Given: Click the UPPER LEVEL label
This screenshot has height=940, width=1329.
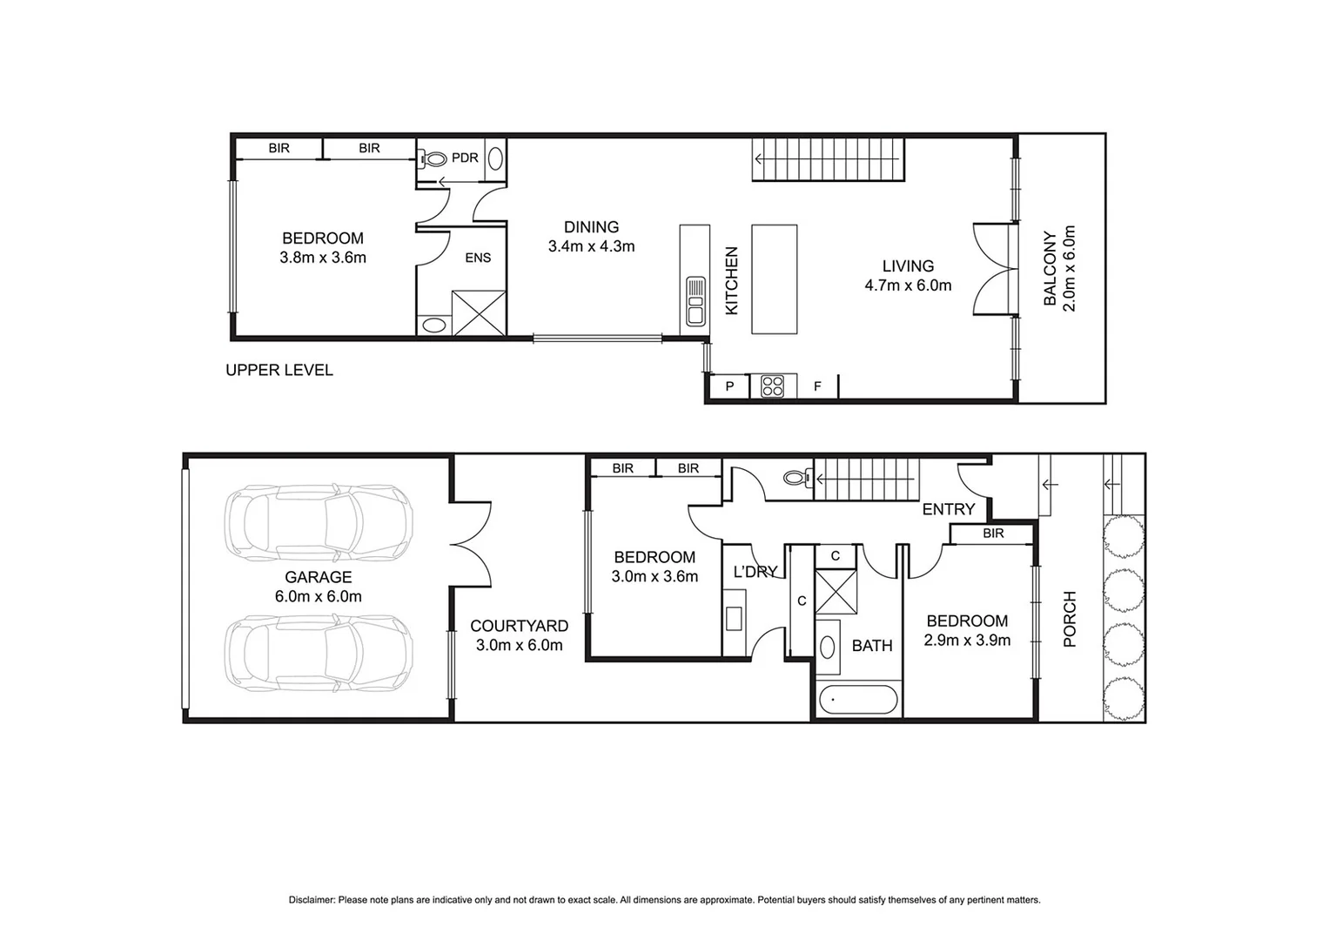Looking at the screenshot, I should pos(279,370).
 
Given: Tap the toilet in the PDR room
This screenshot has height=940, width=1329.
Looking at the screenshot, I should pos(433,158).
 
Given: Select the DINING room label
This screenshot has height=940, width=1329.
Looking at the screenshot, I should pos(591,227).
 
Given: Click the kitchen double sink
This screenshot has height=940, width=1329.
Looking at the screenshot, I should pos(695,300).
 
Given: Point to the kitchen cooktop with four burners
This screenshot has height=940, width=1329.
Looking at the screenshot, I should pos(772,386).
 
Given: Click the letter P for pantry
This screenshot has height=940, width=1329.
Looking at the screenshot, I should pos(729,386).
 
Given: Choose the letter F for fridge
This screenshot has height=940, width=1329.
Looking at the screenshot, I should pos(817,386).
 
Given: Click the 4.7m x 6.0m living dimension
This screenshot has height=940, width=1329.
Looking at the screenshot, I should pos(908,285).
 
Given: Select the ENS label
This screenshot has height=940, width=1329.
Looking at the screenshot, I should pos(478,258).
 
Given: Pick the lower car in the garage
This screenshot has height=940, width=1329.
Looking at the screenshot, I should pos(319,655).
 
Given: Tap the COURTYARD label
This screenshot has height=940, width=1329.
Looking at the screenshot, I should pos(519,626).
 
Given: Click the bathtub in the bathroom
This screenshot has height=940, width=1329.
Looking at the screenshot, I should pos(858,701).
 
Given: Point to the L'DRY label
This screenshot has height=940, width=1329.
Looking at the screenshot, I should pos(755,572).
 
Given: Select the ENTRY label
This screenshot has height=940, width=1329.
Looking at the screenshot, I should pos(948,509).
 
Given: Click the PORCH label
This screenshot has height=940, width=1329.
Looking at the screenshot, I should pos(1070,619).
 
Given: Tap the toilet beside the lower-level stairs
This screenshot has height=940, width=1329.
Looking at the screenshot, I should pos(796,477).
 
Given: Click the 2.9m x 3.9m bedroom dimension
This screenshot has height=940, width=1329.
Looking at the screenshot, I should pos(967,641).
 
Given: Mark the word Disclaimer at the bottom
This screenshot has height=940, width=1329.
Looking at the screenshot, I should pos(312,900).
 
